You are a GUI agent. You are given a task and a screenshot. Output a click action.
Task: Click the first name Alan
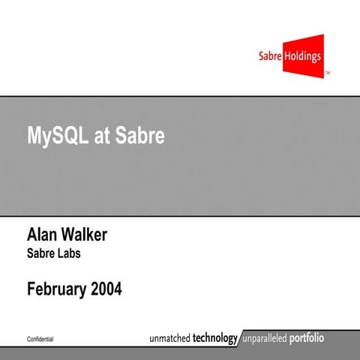[44, 235]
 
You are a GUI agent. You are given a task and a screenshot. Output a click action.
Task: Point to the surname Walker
[87, 235]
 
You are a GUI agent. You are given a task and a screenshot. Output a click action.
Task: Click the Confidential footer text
[40, 340]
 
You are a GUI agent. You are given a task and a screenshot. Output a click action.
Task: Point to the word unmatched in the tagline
[163, 338]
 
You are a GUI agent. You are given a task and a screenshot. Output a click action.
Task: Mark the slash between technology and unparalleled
[241, 338]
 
